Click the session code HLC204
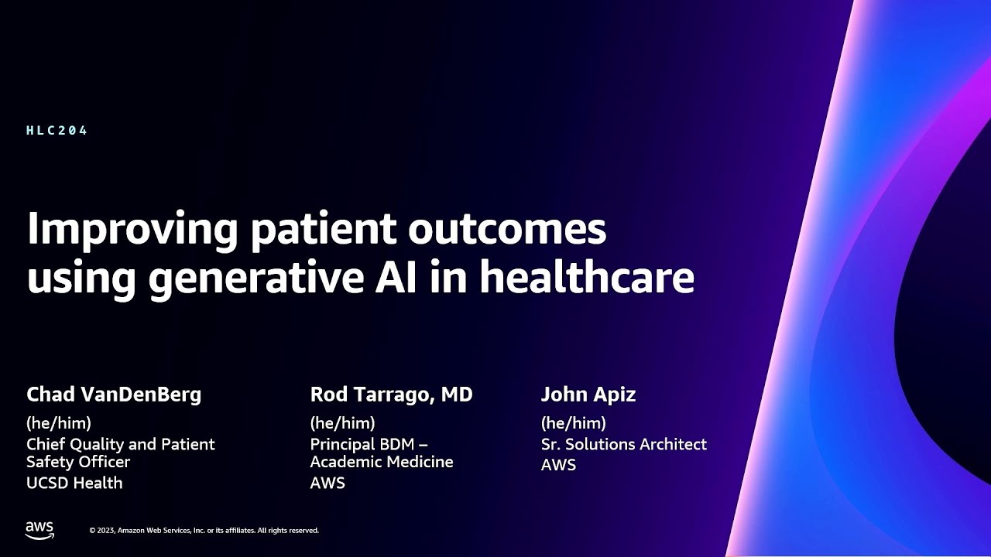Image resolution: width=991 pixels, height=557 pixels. (x=57, y=131)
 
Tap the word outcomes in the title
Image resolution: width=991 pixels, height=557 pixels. (x=507, y=228)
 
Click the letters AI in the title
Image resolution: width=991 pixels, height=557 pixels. (x=396, y=277)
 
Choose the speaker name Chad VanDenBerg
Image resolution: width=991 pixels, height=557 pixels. (x=114, y=395)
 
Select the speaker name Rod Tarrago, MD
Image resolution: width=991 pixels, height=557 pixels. (x=391, y=395)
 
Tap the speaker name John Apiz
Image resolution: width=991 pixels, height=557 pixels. (x=588, y=395)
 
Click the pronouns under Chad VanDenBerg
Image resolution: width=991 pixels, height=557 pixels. (x=59, y=423)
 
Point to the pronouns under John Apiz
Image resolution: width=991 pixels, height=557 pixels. (x=574, y=423)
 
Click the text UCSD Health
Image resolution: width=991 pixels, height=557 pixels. (x=74, y=483)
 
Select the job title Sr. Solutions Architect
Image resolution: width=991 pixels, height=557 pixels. (x=624, y=444)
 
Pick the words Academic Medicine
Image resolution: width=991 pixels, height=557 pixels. (x=382, y=462)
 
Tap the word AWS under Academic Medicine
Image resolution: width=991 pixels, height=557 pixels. (x=327, y=483)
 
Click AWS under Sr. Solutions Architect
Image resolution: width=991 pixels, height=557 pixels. (x=558, y=465)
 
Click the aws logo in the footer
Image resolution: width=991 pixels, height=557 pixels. (x=39, y=530)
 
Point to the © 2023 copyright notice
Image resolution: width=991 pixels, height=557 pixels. (x=204, y=531)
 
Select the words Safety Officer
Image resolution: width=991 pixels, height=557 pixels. (x=78, y=462)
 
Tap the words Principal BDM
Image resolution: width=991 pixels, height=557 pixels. (x=362, y=444)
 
